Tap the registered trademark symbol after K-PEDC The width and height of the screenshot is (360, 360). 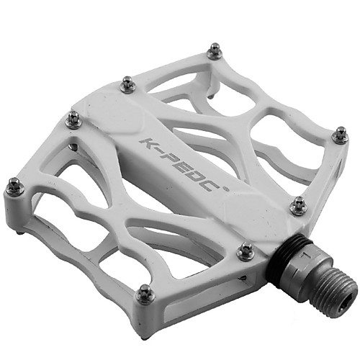[226, 189]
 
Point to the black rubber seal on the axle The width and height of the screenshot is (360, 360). [283, 254]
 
